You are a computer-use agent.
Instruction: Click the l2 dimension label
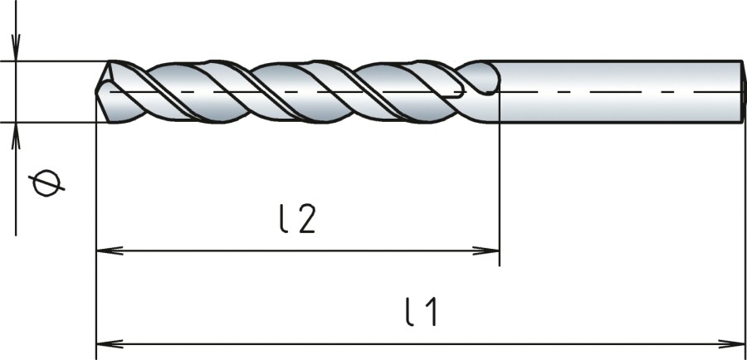point(297,220)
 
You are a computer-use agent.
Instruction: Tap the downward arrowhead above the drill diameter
point(16,51)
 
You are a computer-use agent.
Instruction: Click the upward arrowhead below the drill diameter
point(16,133)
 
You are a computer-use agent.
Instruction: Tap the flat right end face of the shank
point(741,91)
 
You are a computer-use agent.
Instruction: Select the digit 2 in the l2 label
point(307,220)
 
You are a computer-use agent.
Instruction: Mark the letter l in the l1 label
point(409,314)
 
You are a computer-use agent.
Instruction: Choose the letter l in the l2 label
point(283,219)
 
